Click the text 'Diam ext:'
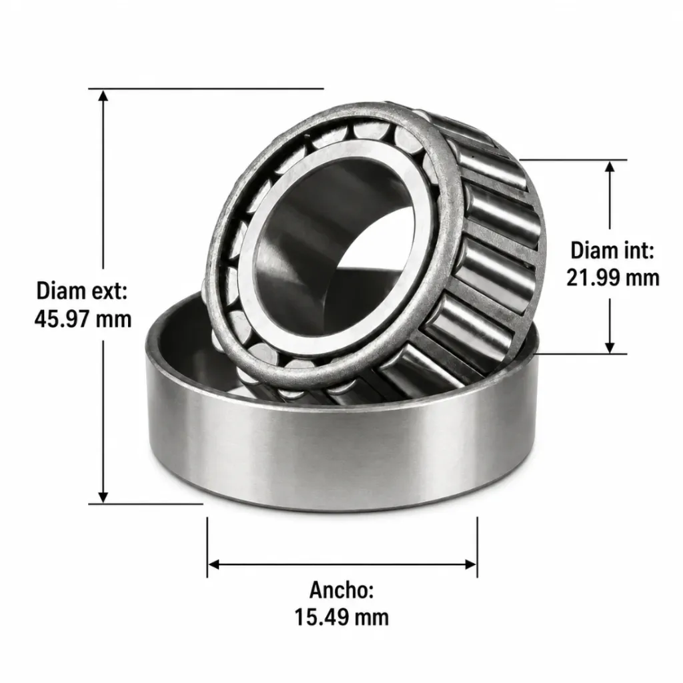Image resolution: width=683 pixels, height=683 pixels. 82,291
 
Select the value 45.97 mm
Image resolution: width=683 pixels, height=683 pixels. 83,319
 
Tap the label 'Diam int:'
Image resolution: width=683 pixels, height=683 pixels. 612,251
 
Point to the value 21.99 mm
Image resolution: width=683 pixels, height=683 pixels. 613,277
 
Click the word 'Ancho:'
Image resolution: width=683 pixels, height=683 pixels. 341,590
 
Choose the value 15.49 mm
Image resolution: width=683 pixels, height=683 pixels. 341,617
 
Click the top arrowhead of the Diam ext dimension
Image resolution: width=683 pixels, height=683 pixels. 103,95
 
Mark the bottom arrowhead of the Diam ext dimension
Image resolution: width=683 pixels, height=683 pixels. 103,497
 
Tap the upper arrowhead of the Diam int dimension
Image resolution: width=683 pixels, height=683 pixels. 610,166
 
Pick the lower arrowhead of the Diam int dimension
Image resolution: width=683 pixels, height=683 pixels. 610,347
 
